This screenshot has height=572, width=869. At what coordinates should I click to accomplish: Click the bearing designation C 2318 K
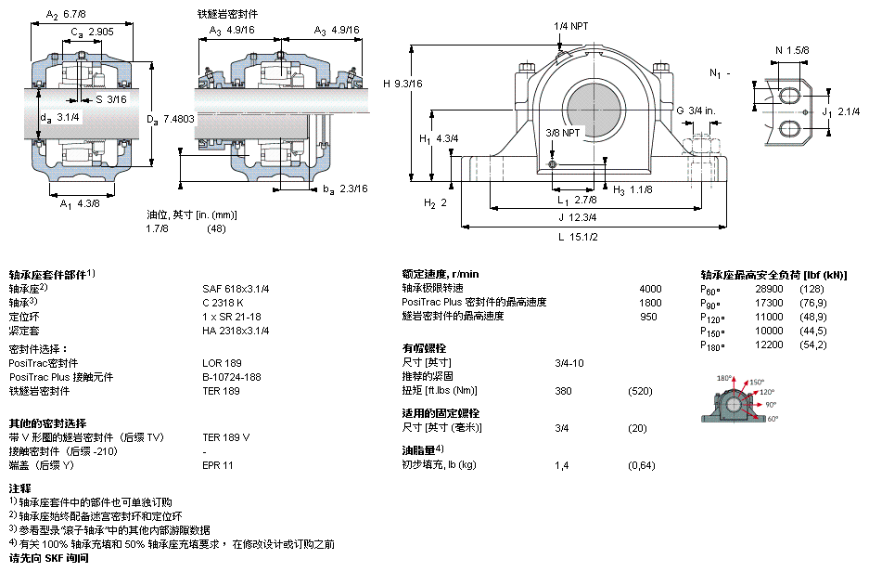pos(224,302)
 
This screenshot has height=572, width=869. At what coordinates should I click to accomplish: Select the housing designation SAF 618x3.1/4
pos(236,288)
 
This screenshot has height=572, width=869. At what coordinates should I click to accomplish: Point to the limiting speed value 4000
pos(650,288)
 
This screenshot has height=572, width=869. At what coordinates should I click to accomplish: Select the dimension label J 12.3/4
pos(577,217)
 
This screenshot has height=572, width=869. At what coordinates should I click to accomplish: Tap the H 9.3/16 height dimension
pos(403,84)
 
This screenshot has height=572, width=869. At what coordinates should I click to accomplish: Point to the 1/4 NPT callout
pos(571,25)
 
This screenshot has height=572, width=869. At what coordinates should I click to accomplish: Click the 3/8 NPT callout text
pos(563,133)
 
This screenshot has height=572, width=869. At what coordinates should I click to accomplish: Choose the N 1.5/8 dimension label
pos(792,49)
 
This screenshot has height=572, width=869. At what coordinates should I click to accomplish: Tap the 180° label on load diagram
pos(725,379)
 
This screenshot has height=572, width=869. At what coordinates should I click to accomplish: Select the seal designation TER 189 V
pos(227,436)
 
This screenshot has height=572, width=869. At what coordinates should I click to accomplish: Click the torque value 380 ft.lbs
pos(562,390)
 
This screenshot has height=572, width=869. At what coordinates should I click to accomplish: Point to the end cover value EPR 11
pos(218,464)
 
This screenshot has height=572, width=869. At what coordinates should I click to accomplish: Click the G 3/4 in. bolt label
pos(696,110)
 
